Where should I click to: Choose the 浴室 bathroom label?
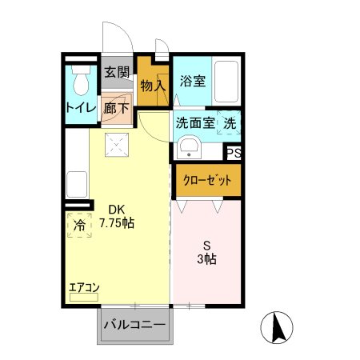[192, 81]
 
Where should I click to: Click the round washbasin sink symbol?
[189, 148]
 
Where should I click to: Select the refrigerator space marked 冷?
[79, 226]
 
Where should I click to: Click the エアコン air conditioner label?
[83, 286]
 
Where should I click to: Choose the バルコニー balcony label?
[135, 326]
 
